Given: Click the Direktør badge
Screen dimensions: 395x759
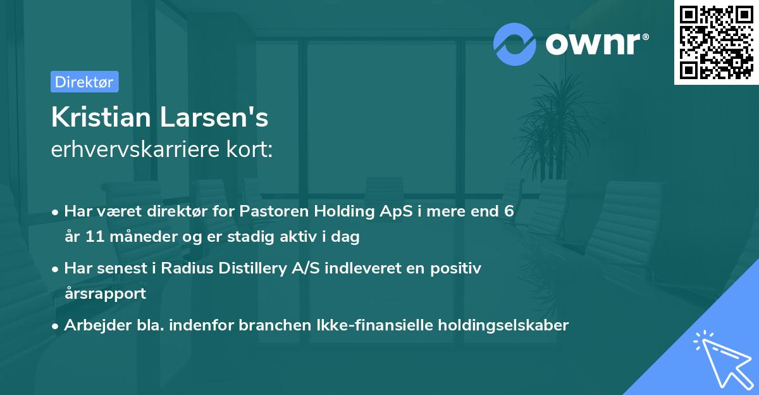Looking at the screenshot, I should [x=84, y=82].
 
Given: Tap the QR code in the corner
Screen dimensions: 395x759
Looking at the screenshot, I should [x=716, y=42].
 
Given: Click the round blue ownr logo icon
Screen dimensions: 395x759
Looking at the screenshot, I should [x=515, y=43].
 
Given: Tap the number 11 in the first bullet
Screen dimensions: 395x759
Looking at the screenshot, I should [x=90, y=237].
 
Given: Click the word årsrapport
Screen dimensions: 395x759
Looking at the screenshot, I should [x=105, y=293].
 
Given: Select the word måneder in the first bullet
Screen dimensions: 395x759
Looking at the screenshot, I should [x=136, y=237].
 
